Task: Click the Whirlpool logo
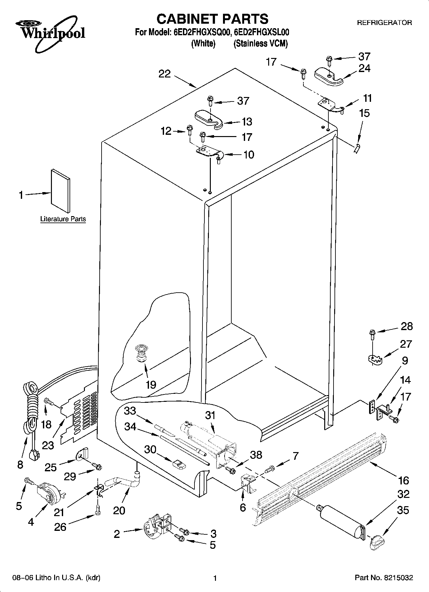click(x=51, y=34)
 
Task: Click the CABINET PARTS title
click(x=212, y=19)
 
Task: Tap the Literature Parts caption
click(x=63, y=219)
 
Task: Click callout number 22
click(x=165, y=74)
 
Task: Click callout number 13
click(x=247, y=122)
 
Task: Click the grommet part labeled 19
click(x=140, y=353)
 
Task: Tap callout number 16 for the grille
click(x=404, y=480)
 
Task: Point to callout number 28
click(x=407, y=326)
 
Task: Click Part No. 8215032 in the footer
click(x=384, y=578)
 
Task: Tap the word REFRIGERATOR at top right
click(x=384, y=23)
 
